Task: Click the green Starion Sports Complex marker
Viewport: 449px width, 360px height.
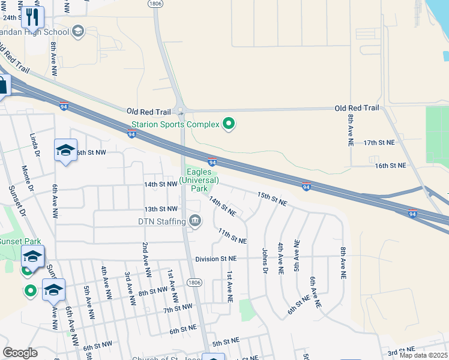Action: pos(228,124)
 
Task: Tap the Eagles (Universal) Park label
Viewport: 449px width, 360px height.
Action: pos(199,179)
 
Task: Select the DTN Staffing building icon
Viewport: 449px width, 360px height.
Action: pos(195,221)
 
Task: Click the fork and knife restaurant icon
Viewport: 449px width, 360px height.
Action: pos(32,17)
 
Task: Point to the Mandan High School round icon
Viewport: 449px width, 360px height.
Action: pos(78,31)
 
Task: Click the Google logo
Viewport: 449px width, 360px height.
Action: pos(20,353)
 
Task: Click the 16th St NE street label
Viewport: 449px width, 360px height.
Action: pos(391,165)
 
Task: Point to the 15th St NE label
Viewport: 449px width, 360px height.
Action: pos(273,199)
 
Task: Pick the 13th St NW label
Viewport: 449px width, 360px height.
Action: pos(160,209)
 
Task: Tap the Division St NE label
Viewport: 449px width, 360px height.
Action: pos(215,259)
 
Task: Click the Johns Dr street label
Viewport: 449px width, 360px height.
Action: pos(265,260)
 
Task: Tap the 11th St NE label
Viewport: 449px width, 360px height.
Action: pos(232,236)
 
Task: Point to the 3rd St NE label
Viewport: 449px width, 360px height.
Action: pos(401,350)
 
